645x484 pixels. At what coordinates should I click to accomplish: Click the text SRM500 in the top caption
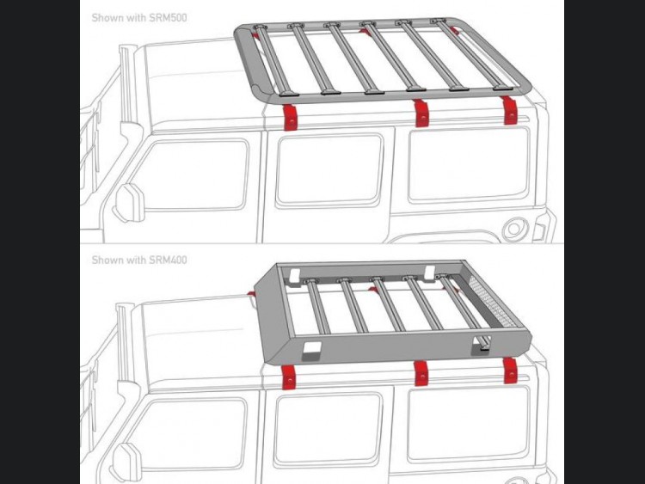(168, 18)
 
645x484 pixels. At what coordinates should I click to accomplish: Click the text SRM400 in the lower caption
(168, 260)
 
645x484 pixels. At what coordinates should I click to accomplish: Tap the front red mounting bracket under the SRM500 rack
(291, 116)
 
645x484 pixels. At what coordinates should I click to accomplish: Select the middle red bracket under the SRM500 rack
(421, 113)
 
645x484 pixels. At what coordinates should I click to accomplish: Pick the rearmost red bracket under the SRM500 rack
(510, 110)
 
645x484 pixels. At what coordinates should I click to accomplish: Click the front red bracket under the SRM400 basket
(289, 377)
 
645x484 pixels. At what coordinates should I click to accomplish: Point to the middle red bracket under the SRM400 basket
(421, 373)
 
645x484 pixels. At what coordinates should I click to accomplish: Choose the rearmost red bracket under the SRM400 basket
(510, 371)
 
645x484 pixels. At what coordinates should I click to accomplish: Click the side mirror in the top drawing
(130, 203)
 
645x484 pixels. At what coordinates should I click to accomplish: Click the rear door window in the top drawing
(329, 170)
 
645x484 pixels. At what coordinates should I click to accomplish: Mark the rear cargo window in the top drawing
(469, 165)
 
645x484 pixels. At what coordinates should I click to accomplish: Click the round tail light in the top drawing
(514, 229)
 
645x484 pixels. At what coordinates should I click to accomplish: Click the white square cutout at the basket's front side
(310, 349)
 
